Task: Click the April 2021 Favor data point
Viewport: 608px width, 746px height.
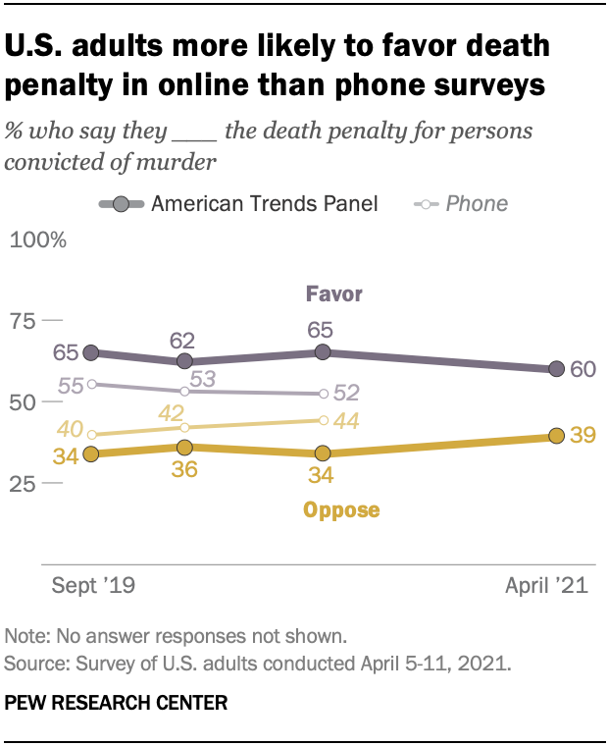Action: coord(556,369)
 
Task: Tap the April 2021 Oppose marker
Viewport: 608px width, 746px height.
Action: coord(556,436)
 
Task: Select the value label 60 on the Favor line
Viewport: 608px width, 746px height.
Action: coord(583,369)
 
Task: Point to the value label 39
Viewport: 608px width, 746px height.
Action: coord(583,436)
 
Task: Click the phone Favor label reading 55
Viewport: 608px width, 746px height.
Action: coord(71,386)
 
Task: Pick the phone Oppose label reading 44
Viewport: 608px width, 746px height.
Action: coord(345,420)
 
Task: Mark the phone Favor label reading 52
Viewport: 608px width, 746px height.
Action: coord(345,393)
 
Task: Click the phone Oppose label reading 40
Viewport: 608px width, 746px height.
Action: coord(71,430)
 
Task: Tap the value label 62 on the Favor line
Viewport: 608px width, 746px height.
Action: coord(182,341)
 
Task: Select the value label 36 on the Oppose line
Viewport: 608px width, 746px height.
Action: coord(182,469)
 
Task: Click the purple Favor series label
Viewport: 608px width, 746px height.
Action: coord(333,293)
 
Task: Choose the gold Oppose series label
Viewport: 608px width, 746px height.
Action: coord(341,509)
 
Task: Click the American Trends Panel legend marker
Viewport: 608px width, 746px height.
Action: coord(120,204)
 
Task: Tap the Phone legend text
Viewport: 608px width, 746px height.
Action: coord(477,204)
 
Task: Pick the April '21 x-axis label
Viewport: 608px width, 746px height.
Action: coord(546,586)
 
